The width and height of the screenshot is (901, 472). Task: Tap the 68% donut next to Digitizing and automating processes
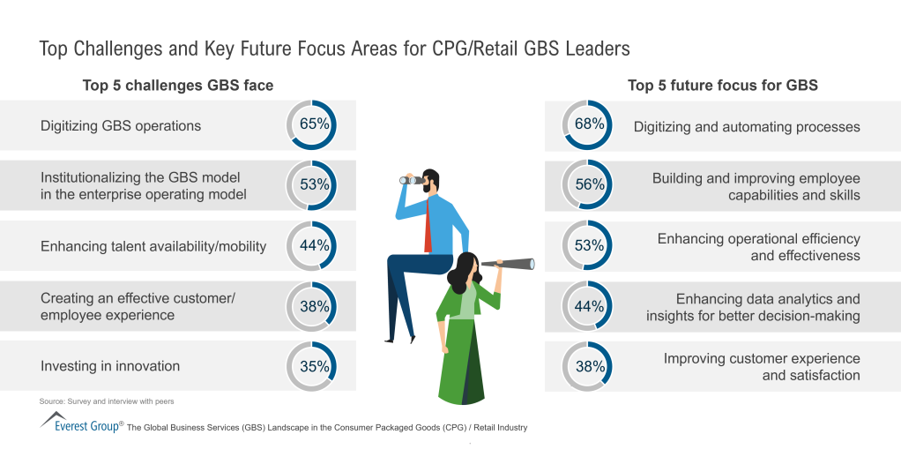click(589, 125)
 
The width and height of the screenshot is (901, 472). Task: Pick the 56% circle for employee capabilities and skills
click(589, 185)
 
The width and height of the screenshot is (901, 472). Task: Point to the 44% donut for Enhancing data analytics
click(589, 307)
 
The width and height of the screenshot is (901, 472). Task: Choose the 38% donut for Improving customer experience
click(589, 367)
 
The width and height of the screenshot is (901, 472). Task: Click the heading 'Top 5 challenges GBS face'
click(177, 86)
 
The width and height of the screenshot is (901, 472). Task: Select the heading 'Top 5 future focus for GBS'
click(722, 86)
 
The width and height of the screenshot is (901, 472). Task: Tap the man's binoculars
click(412, 180)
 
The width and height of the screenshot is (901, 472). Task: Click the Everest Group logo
click(79, 423)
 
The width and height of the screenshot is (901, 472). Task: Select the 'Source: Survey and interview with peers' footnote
click(107, 401)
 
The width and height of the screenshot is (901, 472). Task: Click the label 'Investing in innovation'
click(110, 366)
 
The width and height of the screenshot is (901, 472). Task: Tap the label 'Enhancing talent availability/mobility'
click(153, 246)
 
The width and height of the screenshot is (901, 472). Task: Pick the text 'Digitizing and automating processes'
click(746, 127)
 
